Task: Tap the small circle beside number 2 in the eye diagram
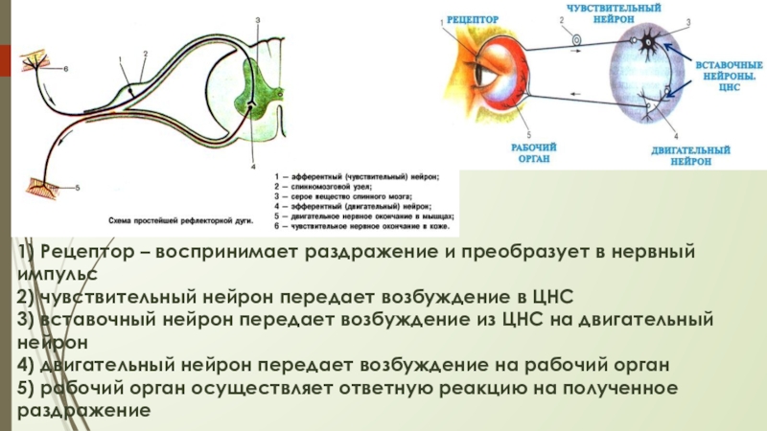pyautogui.click(x=577, y=40)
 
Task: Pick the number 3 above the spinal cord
pyautogui.click(x=258, y=19)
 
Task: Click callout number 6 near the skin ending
pyautogui.click(x=66, y=69)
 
